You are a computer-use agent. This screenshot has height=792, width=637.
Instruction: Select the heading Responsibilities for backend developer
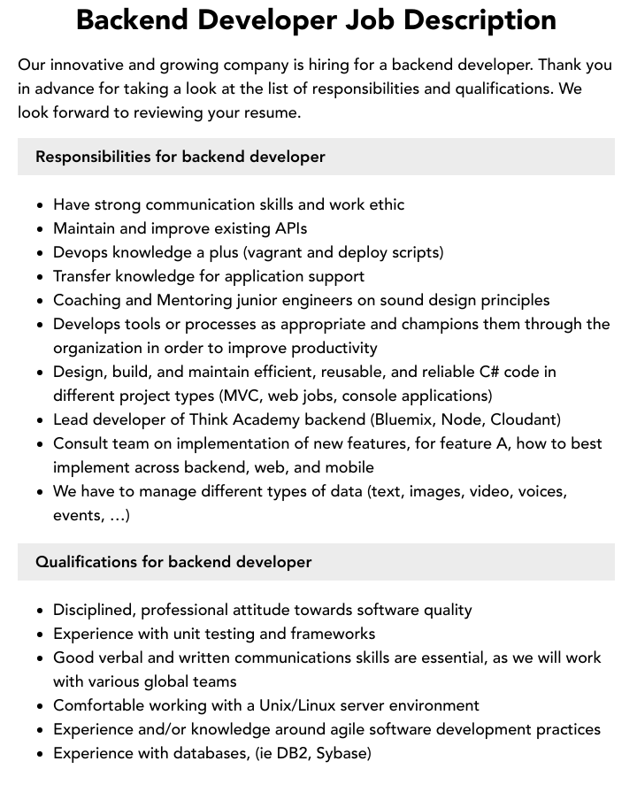pyautogui.click(x=180, y=157)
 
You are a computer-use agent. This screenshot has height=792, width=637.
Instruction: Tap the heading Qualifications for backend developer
pyautogui.click(x=173, y=562)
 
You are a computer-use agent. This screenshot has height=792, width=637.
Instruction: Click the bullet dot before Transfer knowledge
pyautogui.click(x=40, y=277)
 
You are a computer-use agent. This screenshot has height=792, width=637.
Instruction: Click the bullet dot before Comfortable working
pyautogui.click(x=40, y=706)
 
